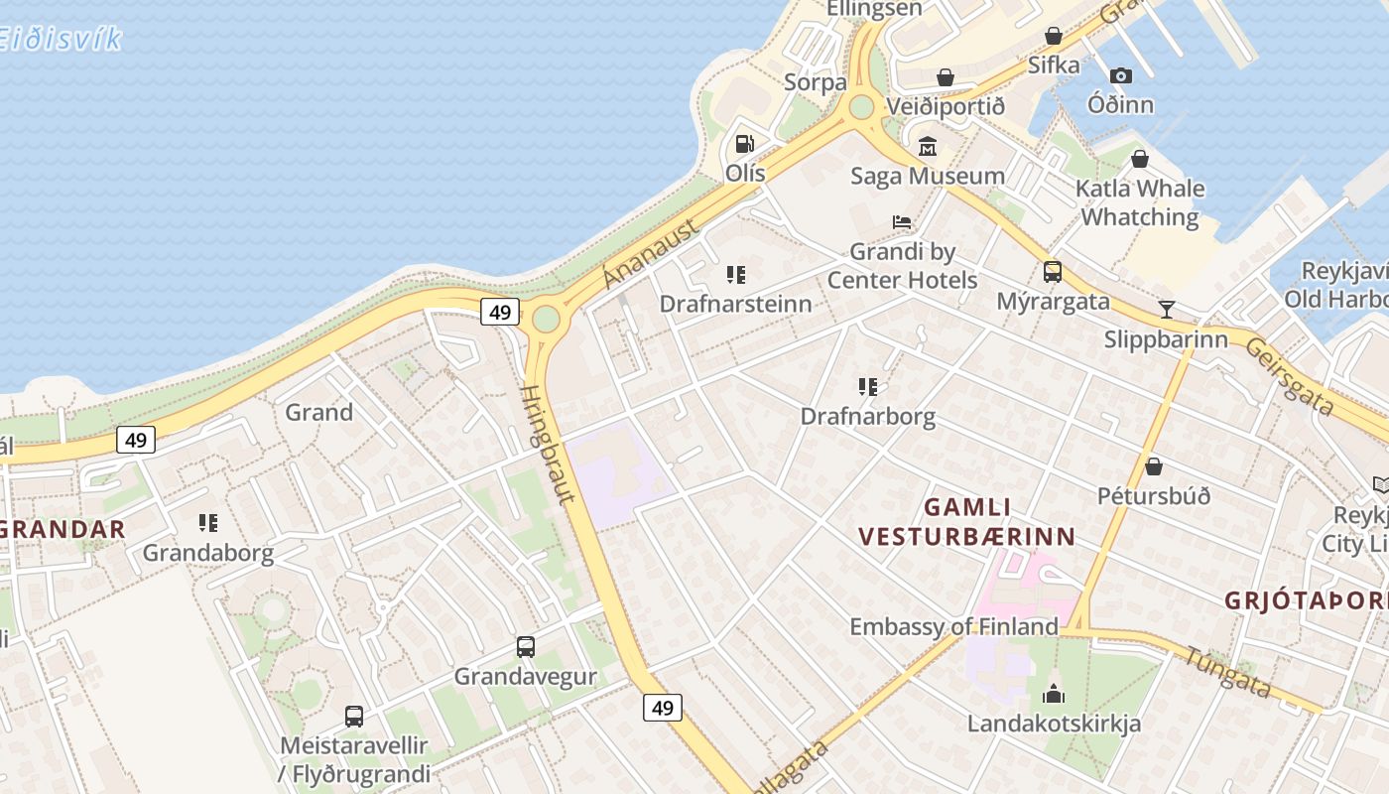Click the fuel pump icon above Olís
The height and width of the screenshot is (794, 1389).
pyautogui.click(x=744, y=144)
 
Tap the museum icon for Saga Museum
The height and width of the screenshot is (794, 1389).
pyautogui.click(x=928, y=147)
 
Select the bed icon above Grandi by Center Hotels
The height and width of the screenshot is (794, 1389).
pyautogui.click(x=902, y=221)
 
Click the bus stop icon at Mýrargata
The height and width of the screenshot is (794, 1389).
pyautogui.click(x=1052, y=271)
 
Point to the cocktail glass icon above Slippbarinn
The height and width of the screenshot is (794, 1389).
pyautogui.click(x=1167, y=309)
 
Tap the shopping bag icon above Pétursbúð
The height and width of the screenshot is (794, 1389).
pyautogui.click(x=1153, y=465)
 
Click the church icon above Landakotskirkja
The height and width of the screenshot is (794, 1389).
pyautogui.click(x=1054, y=693)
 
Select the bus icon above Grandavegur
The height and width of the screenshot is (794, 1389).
pyautogui.click(x=526, y=647)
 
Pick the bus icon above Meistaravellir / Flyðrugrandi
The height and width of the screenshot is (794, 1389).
pyautogui.click(x=353, y=716)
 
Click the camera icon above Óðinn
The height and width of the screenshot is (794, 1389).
pyautogui.click(x=1121, y=75)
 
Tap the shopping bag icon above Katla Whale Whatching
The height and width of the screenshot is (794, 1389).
pyautogui.click(x=1140, y=159)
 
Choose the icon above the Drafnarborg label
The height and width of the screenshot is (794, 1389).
pyautogui.click(x=868, y=386)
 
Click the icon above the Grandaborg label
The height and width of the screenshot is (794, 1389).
pyautogui.click(x=208, y=522)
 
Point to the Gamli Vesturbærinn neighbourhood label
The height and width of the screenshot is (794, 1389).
pyautogui.click(x=966, y=522)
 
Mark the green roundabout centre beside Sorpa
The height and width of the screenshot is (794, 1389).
pyautogui.click(x=861, y=106)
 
